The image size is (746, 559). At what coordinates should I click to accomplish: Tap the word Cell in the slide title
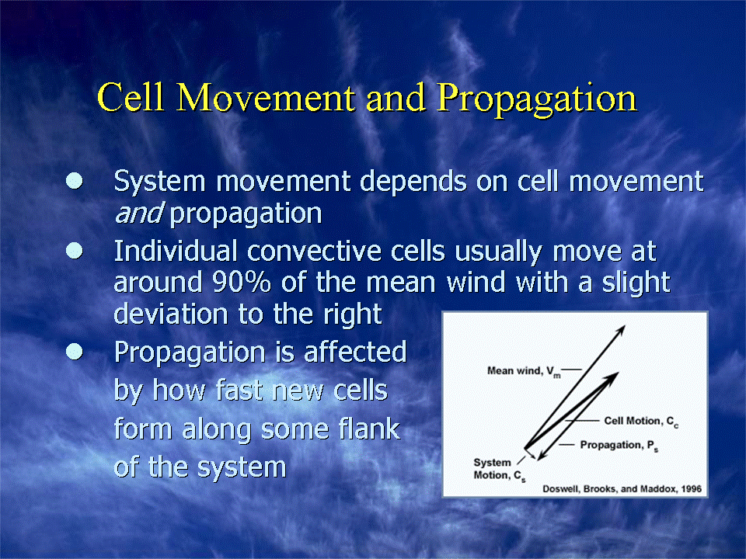click(131, 97)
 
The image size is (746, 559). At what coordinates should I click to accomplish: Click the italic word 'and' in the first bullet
click(139, 213)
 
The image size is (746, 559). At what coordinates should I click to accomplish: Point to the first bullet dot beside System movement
click(75, 181)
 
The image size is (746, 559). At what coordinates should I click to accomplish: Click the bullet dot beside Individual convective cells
click(75, 251)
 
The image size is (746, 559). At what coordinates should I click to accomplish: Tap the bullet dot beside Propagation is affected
click(75, 352)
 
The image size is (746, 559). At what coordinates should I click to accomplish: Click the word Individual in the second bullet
click(176, 251)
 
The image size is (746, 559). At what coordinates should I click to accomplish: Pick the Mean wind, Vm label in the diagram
click(524, 371)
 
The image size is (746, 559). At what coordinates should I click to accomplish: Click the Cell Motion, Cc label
click(641, 421)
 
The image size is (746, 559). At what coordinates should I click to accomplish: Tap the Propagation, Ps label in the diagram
click(619, 446)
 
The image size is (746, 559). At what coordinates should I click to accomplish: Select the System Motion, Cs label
click(500, 469)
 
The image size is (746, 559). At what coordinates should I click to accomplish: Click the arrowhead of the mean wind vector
click(622, 330)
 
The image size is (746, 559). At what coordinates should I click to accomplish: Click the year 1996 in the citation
click(692, 489)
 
